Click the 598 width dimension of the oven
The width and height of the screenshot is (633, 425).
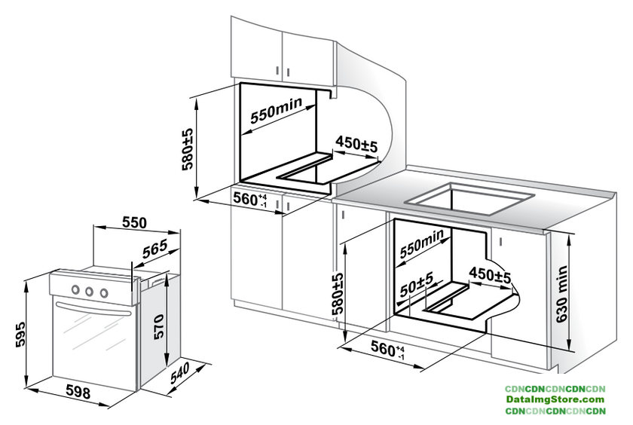pos(78,392)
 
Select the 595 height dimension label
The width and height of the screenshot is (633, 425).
pos(20,334)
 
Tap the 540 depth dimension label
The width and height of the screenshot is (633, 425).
pos(180,373)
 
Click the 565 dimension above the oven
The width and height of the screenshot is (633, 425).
pos(154,249)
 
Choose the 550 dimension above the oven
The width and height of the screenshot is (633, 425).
pos(134,222)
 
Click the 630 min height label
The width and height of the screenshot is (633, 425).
pos(561,294)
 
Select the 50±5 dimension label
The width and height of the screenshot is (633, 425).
pos(417,284)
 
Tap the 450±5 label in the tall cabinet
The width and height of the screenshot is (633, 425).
pos(356,144)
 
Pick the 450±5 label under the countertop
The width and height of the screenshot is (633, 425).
pos(490,275)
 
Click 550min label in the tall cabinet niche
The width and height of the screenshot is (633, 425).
pos(276,110)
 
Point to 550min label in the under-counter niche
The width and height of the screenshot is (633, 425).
pos(421,243)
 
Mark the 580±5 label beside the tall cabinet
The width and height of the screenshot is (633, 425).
pos(188,149)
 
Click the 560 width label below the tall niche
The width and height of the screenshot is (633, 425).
pos(250,199)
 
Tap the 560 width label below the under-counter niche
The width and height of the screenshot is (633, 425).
pos(387,348)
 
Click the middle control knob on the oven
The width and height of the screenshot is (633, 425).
pos(89,291)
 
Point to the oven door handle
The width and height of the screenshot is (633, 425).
pos(95,309)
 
